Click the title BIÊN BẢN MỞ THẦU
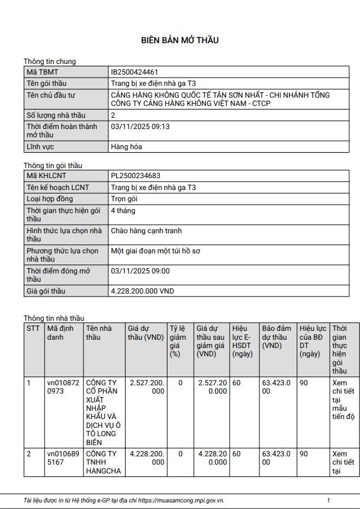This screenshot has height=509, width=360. [180, 40]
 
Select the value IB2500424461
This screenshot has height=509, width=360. [134, 72]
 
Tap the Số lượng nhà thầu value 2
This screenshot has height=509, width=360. [114, 115]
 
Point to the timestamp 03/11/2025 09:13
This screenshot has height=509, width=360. [140, 126]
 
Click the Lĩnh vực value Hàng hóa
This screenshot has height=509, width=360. [126, 146]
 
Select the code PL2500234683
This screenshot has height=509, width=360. [136, 176]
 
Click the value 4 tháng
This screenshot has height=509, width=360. [124, 211]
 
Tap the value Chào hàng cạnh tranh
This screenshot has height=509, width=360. [146, 231]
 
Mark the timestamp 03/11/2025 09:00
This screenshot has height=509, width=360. [140, 271]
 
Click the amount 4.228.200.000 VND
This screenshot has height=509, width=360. [143, 291]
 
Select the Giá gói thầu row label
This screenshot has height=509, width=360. [46, 291]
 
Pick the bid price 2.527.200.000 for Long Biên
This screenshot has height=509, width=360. [147, 387]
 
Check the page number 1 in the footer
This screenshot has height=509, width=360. [329, 500]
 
